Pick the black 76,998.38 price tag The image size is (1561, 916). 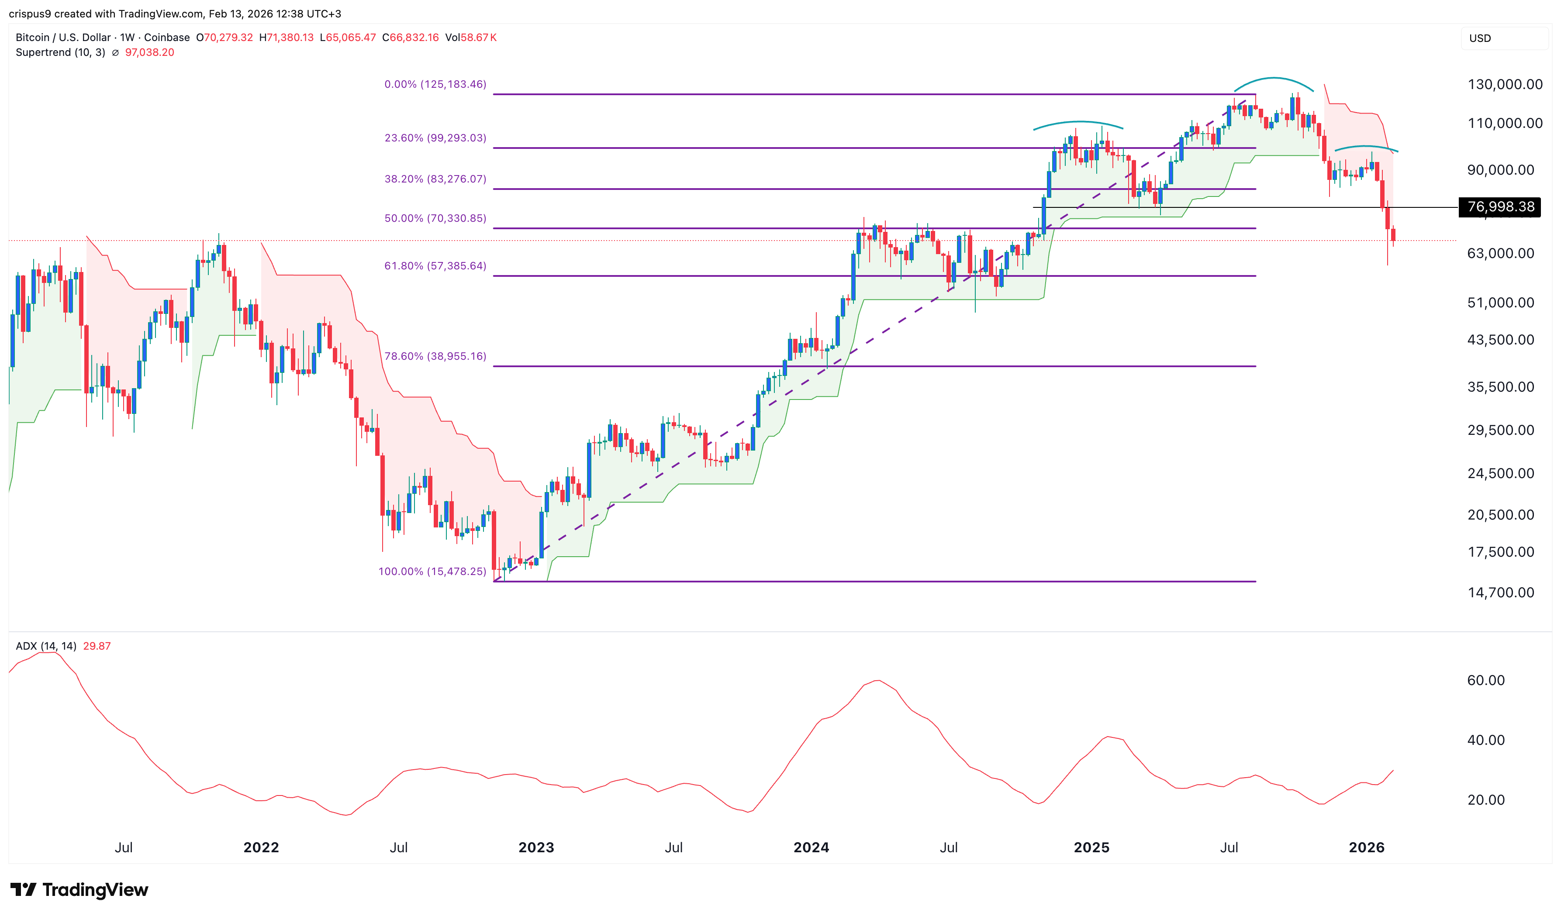pyautogui.click(x=1500, y=207)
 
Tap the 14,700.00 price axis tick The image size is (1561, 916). pyautogui.click(x=1500, y=593)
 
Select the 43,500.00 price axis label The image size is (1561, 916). pyautogui.click(x=1500, y=340)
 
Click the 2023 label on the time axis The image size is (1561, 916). pyautogui.click(x=536, y=848)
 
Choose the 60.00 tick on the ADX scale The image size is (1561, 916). pyautogui.click(x=1485, y=681)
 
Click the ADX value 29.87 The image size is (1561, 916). pyautogui.click(x=97, y=647)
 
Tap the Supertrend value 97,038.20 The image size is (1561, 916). pyautogui.click(x=149, y=53)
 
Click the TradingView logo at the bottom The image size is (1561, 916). pyautogui.click(x=79, y=890)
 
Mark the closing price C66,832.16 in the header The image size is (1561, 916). pyautogui.click(x=411, y=38)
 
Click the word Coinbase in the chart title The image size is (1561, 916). pyautogui.click(x=167, y=38)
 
